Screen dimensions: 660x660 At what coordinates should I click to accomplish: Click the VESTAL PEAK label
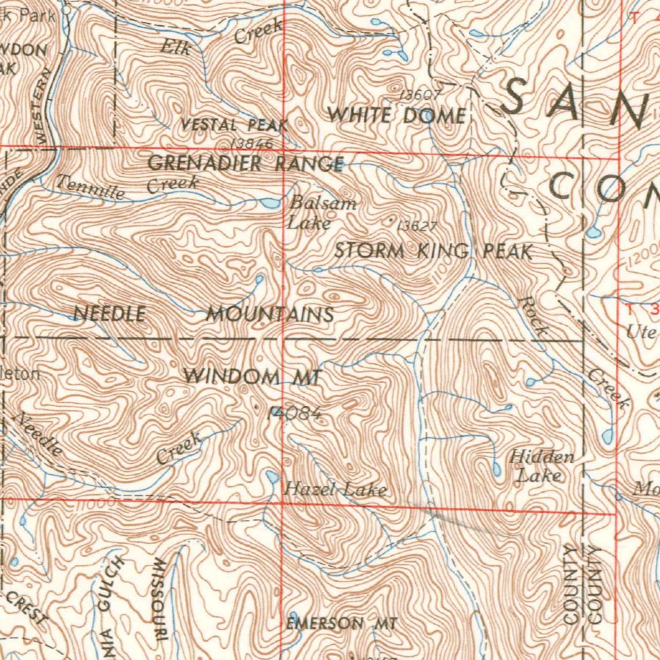pyautogui.click(x=234, y=124)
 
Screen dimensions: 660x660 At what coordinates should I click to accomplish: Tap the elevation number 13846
pyautogui.click(x=251, y=143)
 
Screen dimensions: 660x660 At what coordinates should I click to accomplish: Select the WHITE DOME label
pyautogui.click(x=396, y=115)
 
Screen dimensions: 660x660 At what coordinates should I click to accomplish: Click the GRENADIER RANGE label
pyautogui.click(x=246, y=164)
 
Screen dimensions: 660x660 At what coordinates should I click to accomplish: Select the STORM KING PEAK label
pyautogui.click(x=433, y=251)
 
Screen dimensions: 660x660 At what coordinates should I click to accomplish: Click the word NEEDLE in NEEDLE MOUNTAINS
pyautogui.click(x=109, y=314)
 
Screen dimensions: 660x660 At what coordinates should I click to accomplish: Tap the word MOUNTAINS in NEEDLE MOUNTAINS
pyautogui.click(x=270, y=315)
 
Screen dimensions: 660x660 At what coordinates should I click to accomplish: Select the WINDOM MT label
pyautogui.click(x=252, y=376)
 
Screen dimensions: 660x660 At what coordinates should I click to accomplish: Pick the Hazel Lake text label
pyautogui.click(x=336, y=490)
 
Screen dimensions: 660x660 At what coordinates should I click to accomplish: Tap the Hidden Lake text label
pyautogui.click(x=541, y=467)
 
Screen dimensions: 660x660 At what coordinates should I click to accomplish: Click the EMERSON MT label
pyautogui.click(x=342, y=623)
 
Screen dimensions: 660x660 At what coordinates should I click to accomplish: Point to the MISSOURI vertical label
pyautogui.click(x=159, y=599)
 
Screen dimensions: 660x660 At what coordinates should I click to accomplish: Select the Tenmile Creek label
pyautogui.click(x=127, y=186)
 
